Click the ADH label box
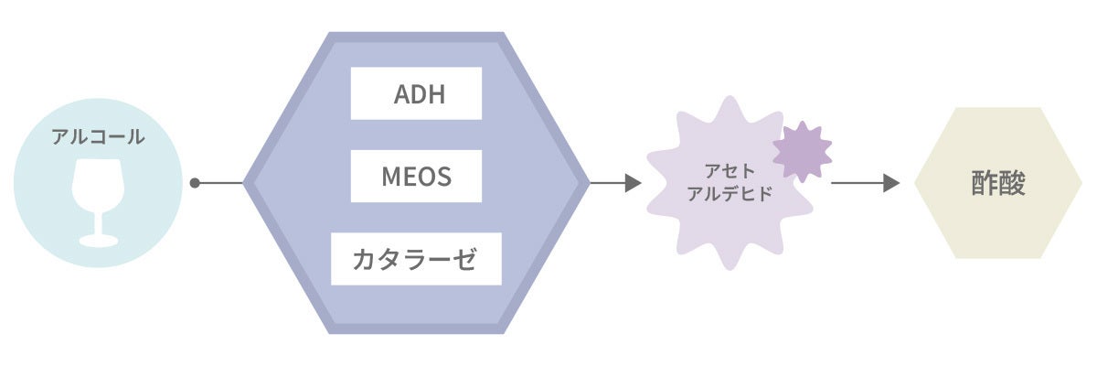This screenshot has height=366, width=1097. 416,92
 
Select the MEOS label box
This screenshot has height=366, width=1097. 416,176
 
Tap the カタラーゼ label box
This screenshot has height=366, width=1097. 416,259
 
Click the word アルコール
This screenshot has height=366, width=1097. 98,137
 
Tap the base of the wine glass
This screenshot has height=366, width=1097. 98,241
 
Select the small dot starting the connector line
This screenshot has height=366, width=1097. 195,183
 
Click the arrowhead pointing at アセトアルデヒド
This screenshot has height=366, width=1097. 633,183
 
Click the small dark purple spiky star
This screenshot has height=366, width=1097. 802,151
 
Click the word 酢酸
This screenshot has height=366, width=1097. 998,183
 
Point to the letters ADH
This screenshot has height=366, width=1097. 419,93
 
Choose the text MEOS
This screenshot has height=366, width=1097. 416,176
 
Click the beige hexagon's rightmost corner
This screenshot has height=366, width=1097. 1081,183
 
